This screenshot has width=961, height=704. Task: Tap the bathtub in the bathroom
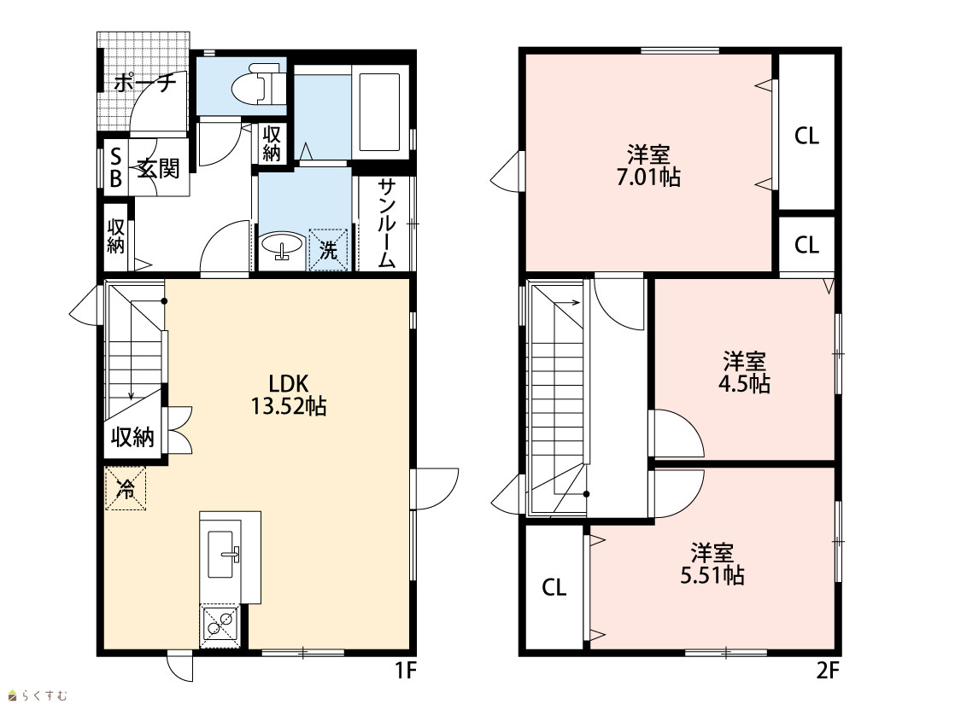379,112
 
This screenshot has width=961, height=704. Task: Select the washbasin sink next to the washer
281,247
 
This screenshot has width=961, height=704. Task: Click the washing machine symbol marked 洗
329,249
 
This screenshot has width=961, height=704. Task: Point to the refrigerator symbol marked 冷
126,488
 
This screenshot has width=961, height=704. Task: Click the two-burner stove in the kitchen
220,622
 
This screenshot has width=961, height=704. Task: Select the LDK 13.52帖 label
289,395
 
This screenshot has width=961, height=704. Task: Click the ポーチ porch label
145,82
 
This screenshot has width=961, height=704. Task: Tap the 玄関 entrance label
158,168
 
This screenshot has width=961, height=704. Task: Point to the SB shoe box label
115,168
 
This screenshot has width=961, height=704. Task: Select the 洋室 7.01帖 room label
648,166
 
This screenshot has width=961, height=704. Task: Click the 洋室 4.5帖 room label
744,372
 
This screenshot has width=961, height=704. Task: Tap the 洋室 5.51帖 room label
712,564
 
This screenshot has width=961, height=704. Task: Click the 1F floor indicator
405,671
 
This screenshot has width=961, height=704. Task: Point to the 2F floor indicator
827,671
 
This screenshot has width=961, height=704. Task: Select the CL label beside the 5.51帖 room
554,588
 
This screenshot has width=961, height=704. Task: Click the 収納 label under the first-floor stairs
132,437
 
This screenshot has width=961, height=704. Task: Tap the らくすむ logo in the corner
38,695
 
